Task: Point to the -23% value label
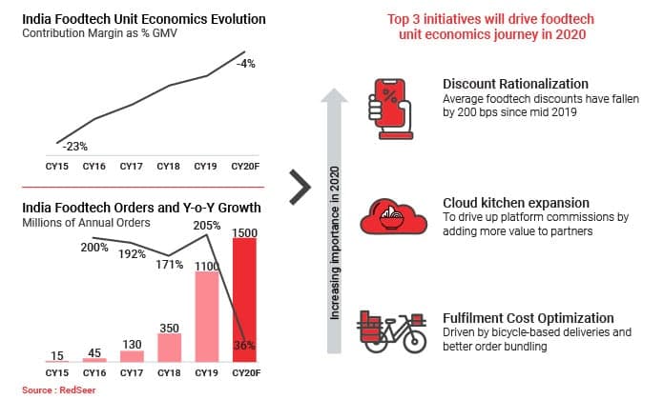pos(76,147)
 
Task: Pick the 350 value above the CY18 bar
pos(170,328)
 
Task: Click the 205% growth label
pos(207,226)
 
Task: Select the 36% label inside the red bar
pos(245,346)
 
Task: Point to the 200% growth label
pos(93,247)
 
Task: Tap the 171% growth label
pos(169,263)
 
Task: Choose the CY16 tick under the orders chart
pos(94,373)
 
